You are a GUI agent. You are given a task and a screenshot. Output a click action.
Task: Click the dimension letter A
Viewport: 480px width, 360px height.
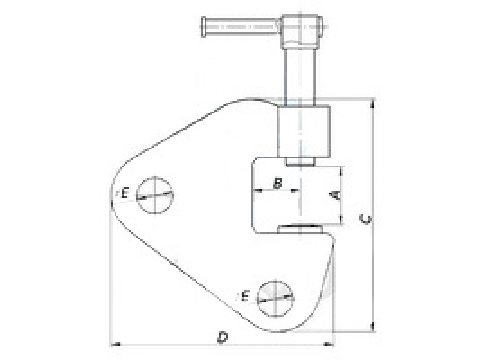(335, 194)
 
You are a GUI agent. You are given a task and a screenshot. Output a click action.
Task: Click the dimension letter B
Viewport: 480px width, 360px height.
(277, 184)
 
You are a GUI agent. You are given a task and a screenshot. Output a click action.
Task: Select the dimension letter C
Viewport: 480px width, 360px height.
(366, 219)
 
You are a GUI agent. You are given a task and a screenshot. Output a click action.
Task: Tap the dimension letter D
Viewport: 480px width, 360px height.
(223, 337)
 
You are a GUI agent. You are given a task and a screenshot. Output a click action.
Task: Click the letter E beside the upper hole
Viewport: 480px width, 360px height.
(125, 193)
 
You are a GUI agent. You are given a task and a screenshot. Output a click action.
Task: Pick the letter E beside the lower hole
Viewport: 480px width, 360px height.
(245, 296)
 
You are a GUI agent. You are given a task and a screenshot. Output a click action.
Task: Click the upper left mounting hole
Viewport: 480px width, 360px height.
(155, 195)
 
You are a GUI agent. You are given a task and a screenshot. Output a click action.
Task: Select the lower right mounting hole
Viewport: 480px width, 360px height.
(275, 298)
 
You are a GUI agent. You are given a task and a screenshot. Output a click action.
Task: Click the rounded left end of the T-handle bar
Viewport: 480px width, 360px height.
(203, 27)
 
